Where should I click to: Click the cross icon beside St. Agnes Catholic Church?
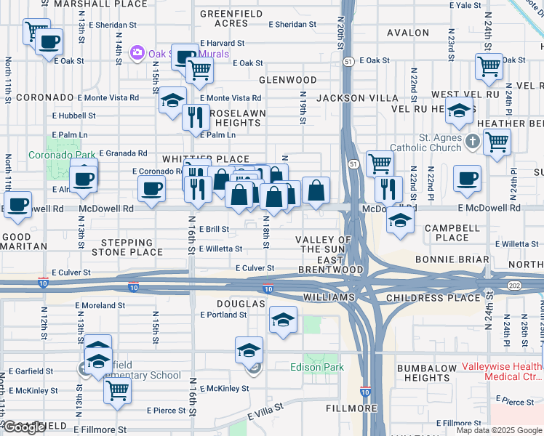(472, 141)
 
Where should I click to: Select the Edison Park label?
(317, 367)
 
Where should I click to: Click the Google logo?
(23, 427)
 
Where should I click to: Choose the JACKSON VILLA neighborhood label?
(357, 97)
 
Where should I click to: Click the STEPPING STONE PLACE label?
(127, 247)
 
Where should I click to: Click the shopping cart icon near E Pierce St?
(118, 389)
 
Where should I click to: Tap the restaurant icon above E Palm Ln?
(195, 117)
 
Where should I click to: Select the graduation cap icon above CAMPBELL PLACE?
(399, 219)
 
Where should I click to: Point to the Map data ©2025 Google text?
(498, 430)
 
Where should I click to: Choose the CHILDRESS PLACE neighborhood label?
(433, 297)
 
